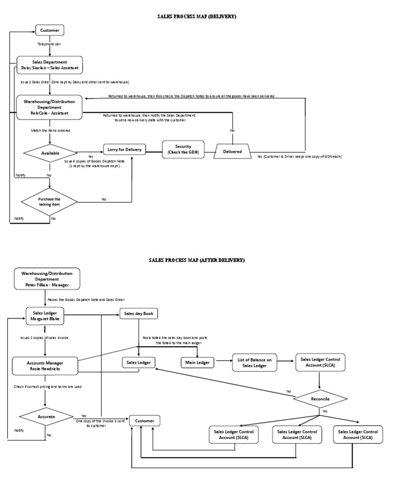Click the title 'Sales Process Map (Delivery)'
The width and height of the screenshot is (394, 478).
click(x=196, y=17)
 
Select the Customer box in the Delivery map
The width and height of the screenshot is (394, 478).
click(x=49, y=31)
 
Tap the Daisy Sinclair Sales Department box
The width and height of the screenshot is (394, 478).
click(x=49, y=65)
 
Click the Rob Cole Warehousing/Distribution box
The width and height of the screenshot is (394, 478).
click(x=49, y=107)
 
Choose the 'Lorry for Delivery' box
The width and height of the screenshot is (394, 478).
click(x=124, y=150)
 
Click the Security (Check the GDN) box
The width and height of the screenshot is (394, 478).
click(x=183, y=150)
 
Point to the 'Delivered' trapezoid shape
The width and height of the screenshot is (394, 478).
click(x=232, y=151)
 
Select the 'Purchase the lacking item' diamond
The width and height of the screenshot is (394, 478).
click(x=49, y=202)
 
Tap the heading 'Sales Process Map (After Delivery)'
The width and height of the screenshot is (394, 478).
click(x=196, y=260)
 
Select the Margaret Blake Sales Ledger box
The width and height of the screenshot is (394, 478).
click(x=46, y=316)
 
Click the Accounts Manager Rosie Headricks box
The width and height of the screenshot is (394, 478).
click(x=46, y=366)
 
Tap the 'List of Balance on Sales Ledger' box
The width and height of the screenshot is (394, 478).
click(x=255, y=363)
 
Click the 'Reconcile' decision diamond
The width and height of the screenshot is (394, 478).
click(x=320, y=399)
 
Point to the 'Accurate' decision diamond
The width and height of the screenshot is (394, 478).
click(x=46, y=416)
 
